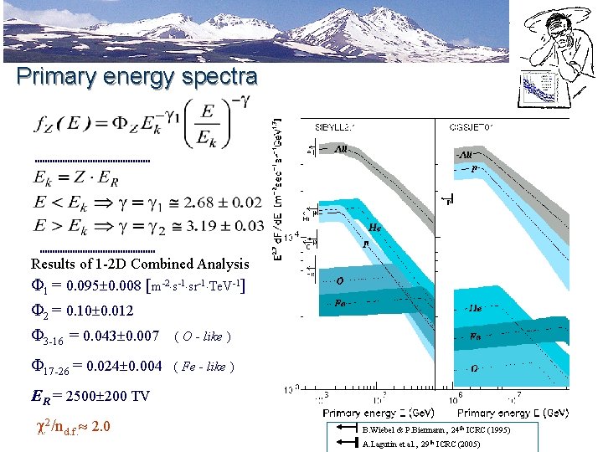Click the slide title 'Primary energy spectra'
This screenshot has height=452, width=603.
(x=137, y=77)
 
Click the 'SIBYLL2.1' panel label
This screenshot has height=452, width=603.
(x=332, y=127)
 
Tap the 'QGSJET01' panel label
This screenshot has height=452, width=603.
(x=477, y=127)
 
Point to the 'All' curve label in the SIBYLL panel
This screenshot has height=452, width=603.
(x=342, y=150)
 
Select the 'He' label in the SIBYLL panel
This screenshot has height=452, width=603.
(x=376, y=227)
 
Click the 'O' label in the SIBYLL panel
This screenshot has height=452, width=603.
(x=340, y=280)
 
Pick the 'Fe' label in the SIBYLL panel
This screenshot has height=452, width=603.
(x=340, y=303)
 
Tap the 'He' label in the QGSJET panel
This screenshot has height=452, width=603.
(x=474, y=307)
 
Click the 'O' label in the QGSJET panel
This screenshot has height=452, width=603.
(x=474, y=367)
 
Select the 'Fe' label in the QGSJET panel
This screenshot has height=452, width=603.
(x=475, y=336)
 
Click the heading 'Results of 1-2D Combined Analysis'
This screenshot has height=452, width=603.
(x=140, y=263)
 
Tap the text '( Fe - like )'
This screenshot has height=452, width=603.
(x=204, y=367)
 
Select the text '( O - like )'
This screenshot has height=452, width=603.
(x=202, y=336)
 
